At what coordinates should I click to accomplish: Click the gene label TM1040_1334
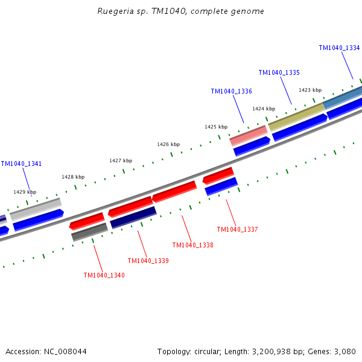pos(339,48)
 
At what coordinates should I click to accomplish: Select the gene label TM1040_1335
pos(279,72)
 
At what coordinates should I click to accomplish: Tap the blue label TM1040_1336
pos(231,91)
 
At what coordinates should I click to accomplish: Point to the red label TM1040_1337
pos(237,229)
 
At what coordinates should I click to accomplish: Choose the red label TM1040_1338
pos(192,245)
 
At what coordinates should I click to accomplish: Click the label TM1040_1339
pos(148,261)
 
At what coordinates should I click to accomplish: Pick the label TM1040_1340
pos(104,275)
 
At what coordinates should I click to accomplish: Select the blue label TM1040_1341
pos(21,164)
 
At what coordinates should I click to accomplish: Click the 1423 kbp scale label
pos(310,90)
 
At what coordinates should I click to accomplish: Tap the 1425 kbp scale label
pos(216,127)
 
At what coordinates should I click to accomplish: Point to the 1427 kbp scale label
pos(121,160)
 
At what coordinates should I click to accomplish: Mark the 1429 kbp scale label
pos(25,191)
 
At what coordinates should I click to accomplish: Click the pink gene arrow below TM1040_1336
pos(249,135)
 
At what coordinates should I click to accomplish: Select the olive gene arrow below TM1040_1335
pos(296,116)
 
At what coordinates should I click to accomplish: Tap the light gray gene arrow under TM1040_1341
pos(36,208)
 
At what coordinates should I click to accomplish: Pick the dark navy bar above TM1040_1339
pos(133,217)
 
